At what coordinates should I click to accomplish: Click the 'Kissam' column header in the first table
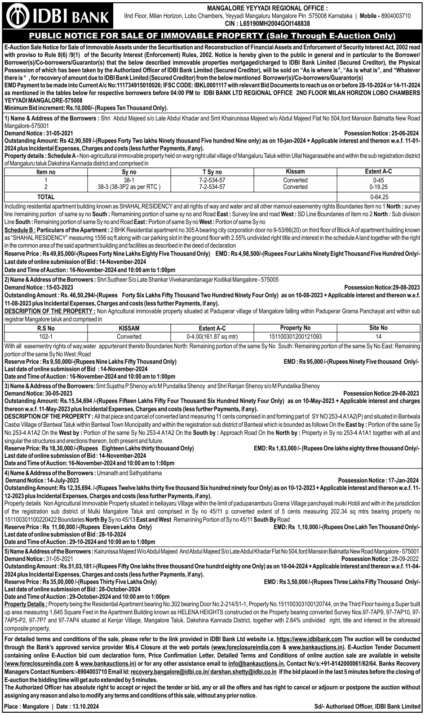[x=295, y=172]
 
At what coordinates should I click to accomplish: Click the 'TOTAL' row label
[x=46, y=197]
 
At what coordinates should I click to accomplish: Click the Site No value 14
[x=379, y=336]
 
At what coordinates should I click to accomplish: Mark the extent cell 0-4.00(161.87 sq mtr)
[x=212, y=336]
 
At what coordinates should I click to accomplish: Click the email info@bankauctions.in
[x=256, y=663]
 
